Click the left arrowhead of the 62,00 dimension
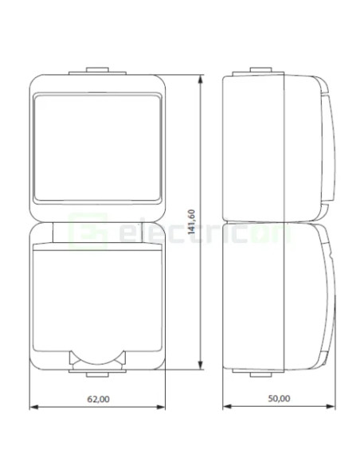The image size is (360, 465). [33, 408]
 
